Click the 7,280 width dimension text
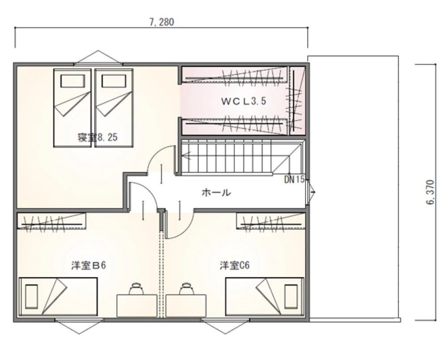(161, 22)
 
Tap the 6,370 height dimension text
(430, 192)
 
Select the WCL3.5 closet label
(244, 101)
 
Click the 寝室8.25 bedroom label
(97, 137)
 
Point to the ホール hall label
(216, 193)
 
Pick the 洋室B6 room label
(89, 265)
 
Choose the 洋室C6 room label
(234, 265)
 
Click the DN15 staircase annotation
(295, 179)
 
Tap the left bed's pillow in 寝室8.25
(73, 81)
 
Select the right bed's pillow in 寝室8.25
(114, 81)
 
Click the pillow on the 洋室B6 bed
(31, 296)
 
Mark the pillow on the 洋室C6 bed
(291, 296)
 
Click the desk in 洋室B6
(137, 306)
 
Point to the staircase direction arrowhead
(186, 156)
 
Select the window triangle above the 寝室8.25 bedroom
(98, 56)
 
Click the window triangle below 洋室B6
(79, 327)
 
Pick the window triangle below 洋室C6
(225, 327)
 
